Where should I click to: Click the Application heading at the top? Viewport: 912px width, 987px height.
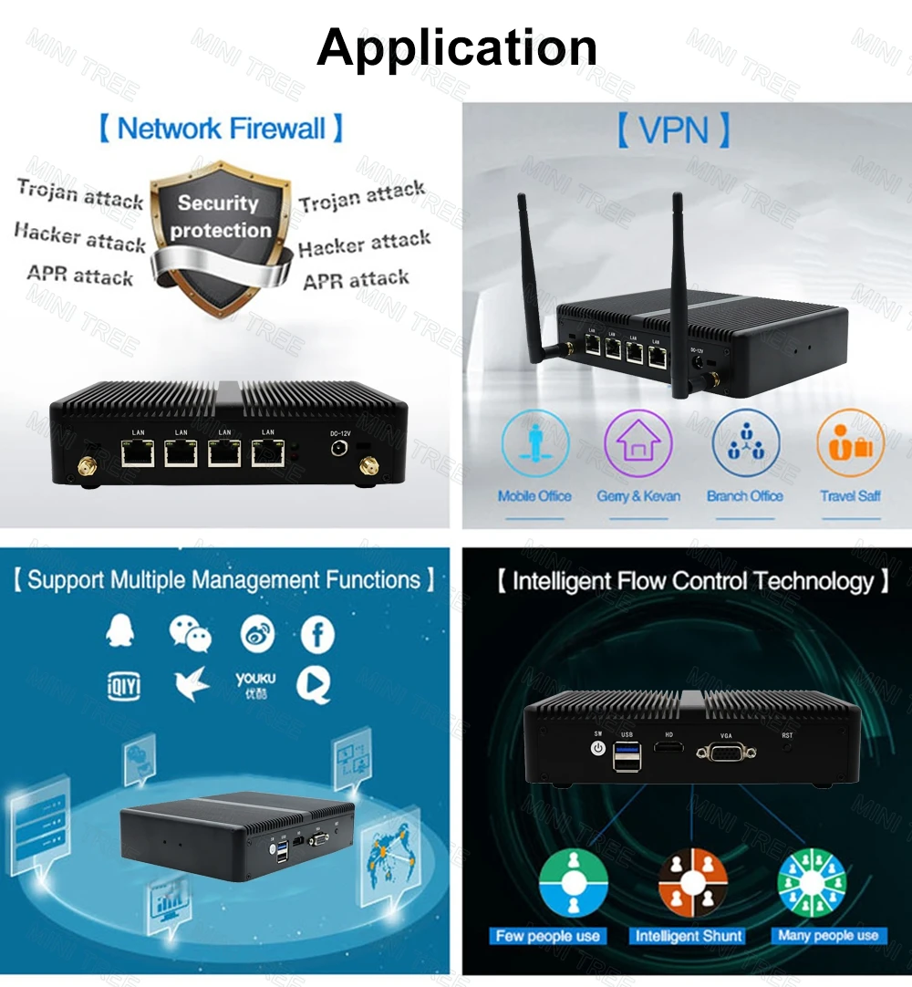(x=457, y=47)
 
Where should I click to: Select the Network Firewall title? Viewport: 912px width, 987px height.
(x=222, y=129)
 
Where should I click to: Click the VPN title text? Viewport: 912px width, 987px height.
(x=674, y=130)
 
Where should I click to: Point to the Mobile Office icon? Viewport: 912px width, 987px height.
(x=534, y=443)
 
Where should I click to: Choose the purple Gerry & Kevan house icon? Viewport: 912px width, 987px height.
(x=637, y=443)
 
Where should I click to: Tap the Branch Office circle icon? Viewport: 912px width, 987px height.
(x=745, y=443)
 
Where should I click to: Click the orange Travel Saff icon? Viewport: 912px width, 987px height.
(x=850, y=443)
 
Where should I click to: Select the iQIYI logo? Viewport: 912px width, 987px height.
(x=124, y=684)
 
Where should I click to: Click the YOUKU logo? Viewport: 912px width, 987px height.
(x=255, y=684)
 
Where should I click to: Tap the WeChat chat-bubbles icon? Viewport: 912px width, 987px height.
(x=190, y=633)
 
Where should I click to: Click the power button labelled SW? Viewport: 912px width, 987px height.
(x=598, y=748)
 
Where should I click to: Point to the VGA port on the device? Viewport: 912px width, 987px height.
(x=725, y=753)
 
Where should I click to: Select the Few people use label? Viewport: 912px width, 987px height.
(x=548, y=936)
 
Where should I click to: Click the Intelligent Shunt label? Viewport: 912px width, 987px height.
(x=689, y=936)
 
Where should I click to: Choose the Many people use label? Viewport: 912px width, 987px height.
(x=828, y=936)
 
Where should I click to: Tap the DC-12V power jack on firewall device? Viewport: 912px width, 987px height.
(x=339, y=450)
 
